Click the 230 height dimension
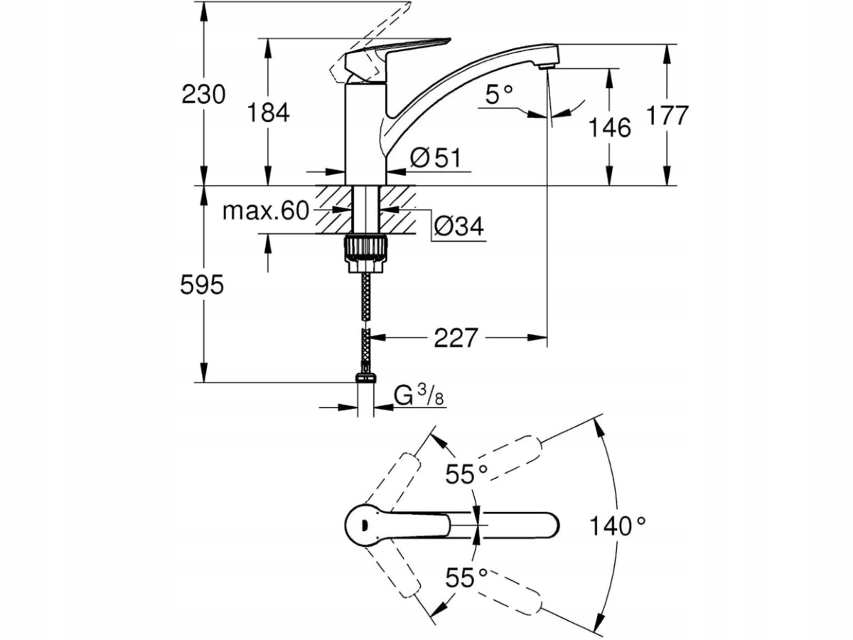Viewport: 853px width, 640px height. (203, 94)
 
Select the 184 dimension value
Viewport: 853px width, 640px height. (268, 112)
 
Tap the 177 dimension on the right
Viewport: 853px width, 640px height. (669, 115)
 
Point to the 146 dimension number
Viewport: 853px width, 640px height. (610, 127)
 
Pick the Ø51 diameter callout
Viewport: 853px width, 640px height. (436, 157)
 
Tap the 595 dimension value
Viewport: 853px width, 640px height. (202, 285)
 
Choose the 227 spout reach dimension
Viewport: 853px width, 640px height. (455, 338)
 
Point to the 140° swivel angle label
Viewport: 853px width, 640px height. (618, 526)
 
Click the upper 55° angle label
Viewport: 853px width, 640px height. (466, 474)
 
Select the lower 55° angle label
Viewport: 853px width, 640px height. (466, 577)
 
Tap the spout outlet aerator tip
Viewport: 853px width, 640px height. (545, 66)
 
